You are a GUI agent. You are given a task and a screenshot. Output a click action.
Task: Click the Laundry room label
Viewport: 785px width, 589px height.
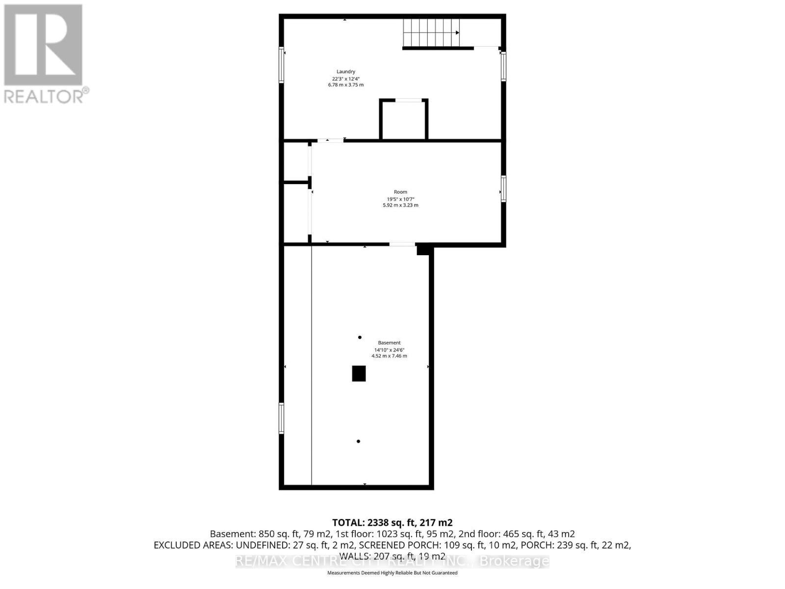pos(345,72)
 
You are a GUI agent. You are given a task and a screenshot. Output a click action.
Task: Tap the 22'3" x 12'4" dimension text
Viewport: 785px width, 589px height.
pos(345,79)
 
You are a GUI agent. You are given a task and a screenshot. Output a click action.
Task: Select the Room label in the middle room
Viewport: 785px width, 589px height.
pos(400,192)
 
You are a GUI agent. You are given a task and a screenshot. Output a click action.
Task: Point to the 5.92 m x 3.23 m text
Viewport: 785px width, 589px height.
pos(400,205)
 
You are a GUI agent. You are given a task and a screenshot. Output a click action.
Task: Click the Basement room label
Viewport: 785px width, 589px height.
pos(389,343)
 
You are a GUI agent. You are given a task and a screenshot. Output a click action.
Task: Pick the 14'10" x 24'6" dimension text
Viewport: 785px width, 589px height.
pos(389,349)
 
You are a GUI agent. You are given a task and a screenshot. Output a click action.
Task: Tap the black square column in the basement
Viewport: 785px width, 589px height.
pos(359,374)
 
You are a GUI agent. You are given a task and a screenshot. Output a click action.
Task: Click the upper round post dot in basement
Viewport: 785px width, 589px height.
pos(360,337)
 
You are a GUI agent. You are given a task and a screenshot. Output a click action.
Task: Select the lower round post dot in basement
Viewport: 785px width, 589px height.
pos(358,441)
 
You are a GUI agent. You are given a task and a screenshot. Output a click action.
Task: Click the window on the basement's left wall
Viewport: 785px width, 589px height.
pos(281,418)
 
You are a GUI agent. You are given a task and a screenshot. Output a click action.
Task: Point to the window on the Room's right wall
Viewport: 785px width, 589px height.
pos(503,189)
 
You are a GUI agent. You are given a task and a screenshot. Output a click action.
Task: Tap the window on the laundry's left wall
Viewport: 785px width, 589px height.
pos(281,65)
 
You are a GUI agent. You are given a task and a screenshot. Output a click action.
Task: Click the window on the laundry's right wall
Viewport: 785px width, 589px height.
pos(503,66)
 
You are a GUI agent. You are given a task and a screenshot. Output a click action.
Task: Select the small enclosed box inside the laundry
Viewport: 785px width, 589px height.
pos(404,120)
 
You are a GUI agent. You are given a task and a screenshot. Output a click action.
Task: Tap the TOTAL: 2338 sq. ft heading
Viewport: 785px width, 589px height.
pos(392,522)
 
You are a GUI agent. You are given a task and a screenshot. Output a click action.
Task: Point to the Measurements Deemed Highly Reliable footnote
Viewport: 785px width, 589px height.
pos(392,573)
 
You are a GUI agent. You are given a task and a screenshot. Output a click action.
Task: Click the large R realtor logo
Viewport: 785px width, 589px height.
pos(43,45)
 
